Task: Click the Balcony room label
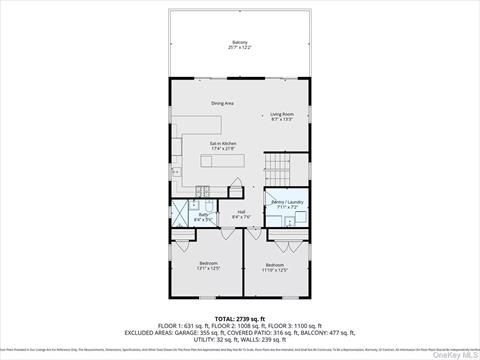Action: point(240,41)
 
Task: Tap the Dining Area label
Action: point(222,103)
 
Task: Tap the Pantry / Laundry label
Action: point(285,203)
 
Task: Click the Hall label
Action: point(241,211)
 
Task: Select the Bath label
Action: point(202,214)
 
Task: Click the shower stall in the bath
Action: point(182,213)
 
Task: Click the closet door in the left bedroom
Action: point(183,240)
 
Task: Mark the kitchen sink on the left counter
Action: point(177,172)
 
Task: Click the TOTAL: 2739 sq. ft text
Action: point(240,317)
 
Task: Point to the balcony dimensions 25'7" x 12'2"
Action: point(240,47)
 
